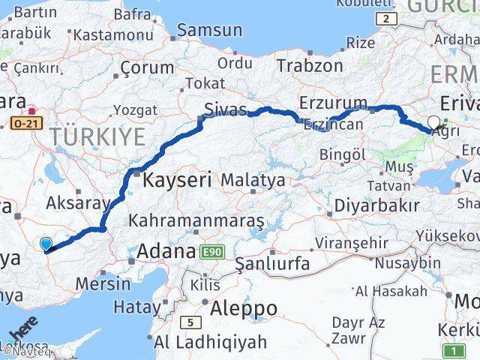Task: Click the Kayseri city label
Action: [175, 180]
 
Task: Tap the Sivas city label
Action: [226, 110]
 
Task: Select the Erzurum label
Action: [332, 103]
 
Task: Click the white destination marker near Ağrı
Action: [433, 122]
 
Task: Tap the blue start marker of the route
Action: [46, 244]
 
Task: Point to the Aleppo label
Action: [243, 307]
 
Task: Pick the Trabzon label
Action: [309, 65]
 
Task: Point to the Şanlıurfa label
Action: [271, 263]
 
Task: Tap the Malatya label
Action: [253, 180]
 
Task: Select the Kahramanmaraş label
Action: [196, 220]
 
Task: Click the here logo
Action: [24, 331]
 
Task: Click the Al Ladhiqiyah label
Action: [210, 343]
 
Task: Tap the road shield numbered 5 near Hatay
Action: [190, 322]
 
